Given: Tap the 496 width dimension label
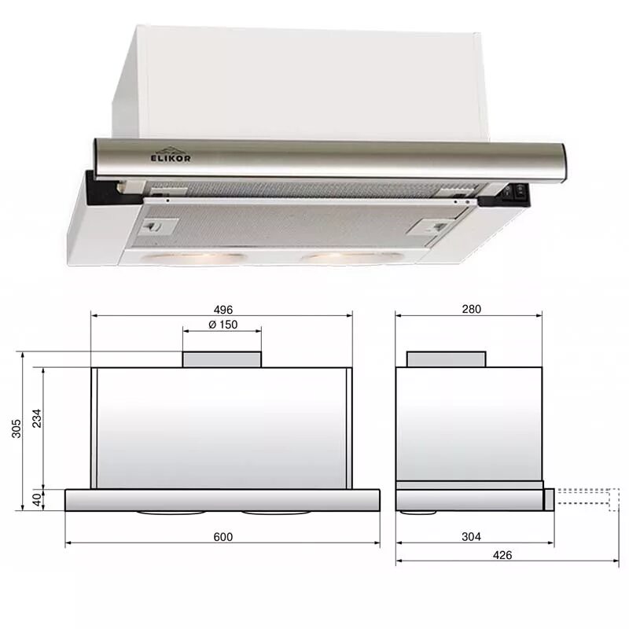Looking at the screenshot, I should coord(223,309).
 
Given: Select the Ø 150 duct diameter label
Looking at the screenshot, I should coord(223,326).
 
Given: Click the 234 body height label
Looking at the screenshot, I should coord(35,418).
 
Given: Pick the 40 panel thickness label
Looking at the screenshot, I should coord(35,499).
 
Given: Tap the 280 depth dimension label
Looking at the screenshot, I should coord(471,309).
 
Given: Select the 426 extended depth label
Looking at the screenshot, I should coord(502,555).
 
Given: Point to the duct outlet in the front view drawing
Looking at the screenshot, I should coord(222,359).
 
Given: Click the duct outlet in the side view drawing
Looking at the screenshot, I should coord(446,359).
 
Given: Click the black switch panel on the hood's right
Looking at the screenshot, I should coord(514,193).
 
